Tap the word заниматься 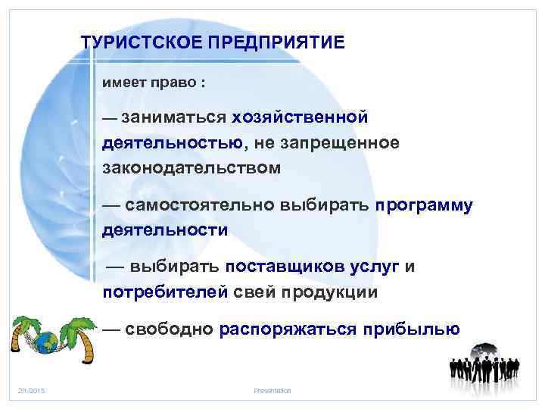click(173, 117)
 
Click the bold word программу click(424, 204)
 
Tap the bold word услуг click(375, 267)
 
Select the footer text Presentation click(272, 390)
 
